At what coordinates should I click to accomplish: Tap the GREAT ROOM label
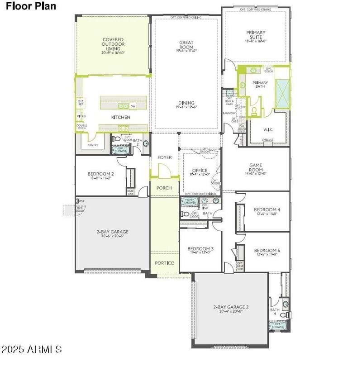tap(186, 45)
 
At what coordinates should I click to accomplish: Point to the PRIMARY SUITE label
tap(256, 35)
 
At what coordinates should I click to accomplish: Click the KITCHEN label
tap(121, 118)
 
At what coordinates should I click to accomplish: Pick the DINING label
tap(186, 102)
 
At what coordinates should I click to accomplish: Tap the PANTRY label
tap(93, 145)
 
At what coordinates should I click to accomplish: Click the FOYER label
tap(164, 157)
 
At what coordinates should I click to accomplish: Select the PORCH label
tap(164, 188)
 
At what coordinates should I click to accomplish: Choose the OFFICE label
tap(200, 171)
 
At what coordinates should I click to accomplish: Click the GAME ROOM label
tap(256, 168)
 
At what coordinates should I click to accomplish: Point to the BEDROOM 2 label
tap(100, 174)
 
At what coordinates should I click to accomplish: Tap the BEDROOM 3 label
tap(200, 249)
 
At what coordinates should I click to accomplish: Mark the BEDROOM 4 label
tap(267, 209)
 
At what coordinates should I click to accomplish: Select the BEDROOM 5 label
tap(267, 251)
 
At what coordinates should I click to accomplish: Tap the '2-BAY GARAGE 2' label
tap(231, 307)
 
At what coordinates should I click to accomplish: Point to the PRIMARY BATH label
tap(260, 85)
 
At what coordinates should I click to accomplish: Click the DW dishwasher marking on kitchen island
tap(133, 106)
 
